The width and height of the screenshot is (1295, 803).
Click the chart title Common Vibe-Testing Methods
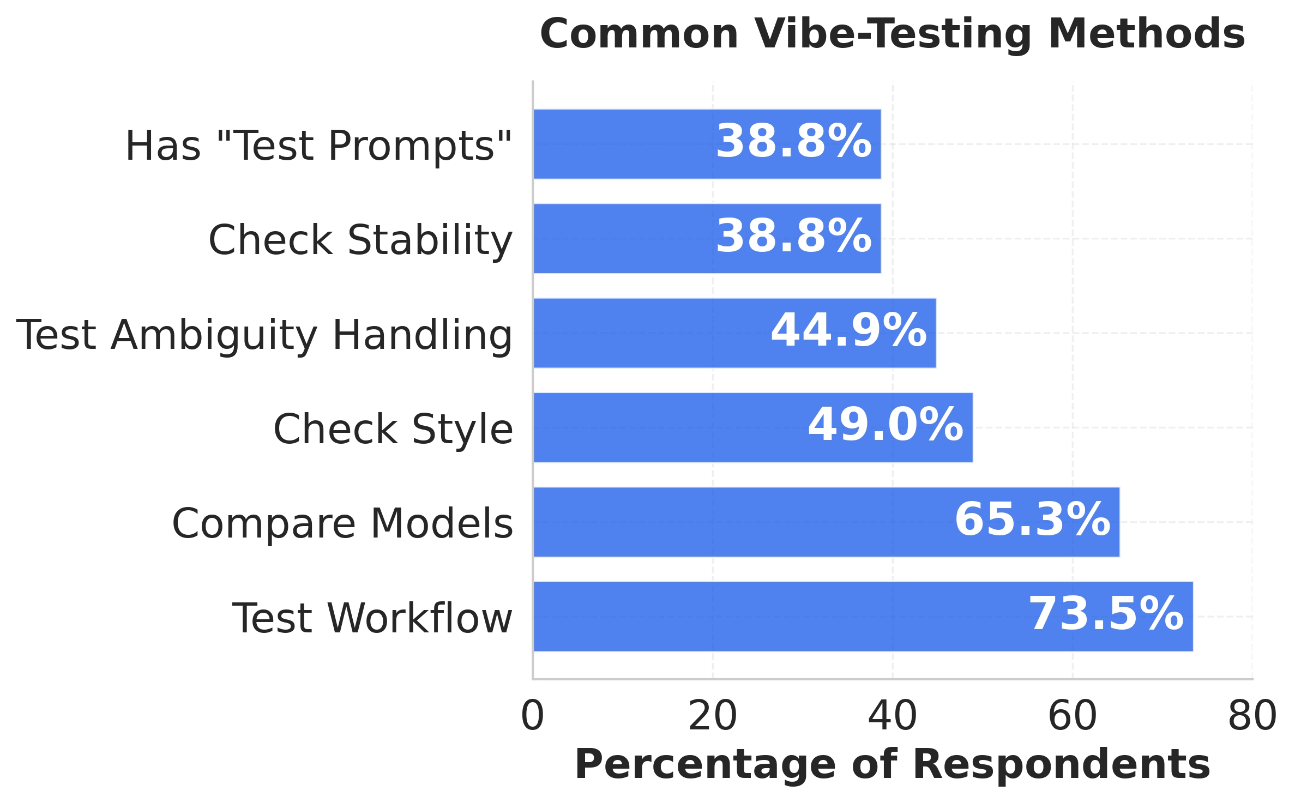[892, 34]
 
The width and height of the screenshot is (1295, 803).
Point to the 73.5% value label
[1106, 614]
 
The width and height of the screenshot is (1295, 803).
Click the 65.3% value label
[1032, 520]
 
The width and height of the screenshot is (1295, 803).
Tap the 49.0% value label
[886, 425]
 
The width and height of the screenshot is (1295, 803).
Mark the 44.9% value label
[848, 331]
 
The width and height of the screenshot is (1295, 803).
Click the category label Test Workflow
[372, 618]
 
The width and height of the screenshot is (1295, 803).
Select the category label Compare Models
[342, 523]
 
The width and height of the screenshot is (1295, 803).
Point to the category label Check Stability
[360, 240]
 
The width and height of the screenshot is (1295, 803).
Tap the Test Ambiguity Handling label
[264, 335]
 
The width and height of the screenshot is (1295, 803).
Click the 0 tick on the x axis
[533, 716]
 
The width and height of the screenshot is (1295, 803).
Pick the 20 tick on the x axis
[713, 716]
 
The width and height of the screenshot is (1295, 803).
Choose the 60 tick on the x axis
[1073, 716]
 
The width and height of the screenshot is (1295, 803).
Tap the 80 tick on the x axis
[1252, 716]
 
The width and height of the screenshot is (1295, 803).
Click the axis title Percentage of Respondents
[893, 765]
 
